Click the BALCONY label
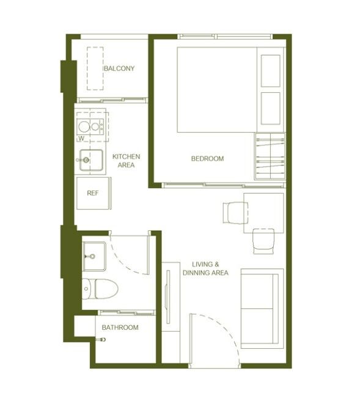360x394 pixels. click(119, 68)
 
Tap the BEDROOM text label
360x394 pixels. click(207, 159)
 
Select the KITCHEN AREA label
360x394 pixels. click(126, 161)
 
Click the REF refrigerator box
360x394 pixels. click(93, 193)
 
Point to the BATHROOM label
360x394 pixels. click(120, 327)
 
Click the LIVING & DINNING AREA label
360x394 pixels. click(205, 269)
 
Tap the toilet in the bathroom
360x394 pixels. click(100, 289)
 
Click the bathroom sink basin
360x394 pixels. click(94, 257)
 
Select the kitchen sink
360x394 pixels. click(91, 160)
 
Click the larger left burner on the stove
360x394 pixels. click(84, 127)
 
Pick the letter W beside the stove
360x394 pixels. click(81, 139)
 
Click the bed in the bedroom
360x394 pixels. click(230, 90)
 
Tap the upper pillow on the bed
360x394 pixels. click(271, 71)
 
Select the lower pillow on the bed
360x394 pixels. click(271, 108)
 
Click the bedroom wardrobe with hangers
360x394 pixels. click(270, 156)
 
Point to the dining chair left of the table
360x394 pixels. click(235, 213)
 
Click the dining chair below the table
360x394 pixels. click(263, 241)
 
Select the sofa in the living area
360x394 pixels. click(262, 308)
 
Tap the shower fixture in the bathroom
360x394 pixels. click(101, 340)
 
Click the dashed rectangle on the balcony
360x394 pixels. click(95, 68)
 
